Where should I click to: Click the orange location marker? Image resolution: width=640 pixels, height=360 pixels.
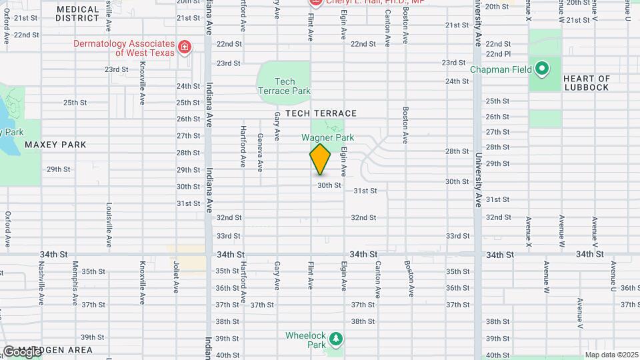tap(320, 159)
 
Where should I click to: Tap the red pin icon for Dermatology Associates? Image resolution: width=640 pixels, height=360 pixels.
tap(185, 47)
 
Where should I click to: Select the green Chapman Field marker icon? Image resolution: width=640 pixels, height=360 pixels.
tap(543, 68)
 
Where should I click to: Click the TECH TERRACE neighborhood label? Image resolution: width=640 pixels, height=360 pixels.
tap(321, 113)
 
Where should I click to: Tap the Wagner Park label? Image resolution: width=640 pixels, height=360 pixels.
tap(327, 137)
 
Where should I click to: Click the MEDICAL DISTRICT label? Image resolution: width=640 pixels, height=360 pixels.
tap(77, 13)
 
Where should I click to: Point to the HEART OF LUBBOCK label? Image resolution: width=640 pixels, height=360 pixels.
tap(586, 83)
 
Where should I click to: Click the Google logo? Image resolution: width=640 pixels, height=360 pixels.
tap(21, 351)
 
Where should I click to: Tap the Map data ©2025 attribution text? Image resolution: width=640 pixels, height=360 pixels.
tap(611, 355)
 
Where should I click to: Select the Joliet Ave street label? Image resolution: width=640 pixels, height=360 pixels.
tap(177, 277)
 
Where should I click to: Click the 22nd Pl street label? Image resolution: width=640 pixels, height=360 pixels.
tap(498, 53)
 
